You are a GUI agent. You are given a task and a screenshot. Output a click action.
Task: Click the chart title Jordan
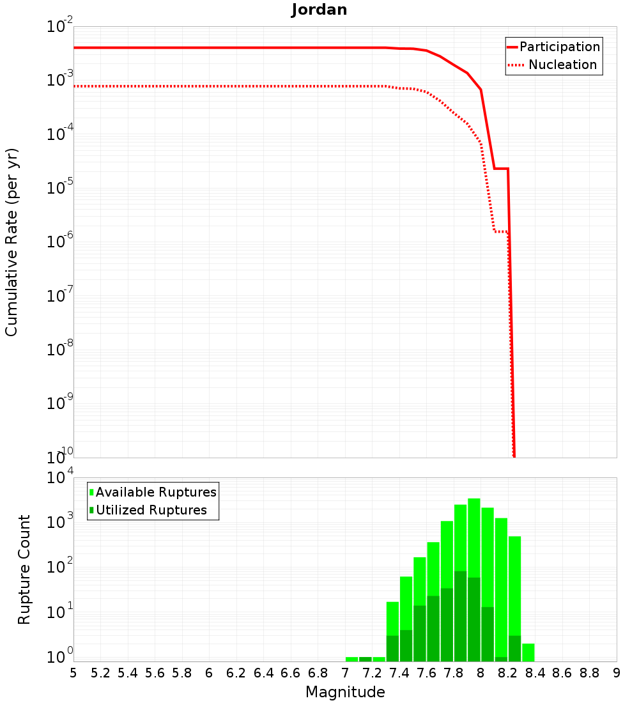click(319, 10)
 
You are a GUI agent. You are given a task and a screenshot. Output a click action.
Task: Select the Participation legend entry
click(559, 47)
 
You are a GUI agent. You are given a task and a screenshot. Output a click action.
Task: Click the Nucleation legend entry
click(562, 65)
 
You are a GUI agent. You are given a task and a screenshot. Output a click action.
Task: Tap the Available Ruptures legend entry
click(156, 492)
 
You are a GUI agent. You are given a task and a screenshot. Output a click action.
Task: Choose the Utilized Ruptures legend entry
click(151, 510)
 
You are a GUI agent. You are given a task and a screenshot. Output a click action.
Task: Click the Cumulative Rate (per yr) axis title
click(12, 242)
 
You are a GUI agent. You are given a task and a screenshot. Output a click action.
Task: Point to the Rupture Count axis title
click(24, 569)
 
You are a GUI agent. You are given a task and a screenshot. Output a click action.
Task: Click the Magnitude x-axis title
click(345, 692)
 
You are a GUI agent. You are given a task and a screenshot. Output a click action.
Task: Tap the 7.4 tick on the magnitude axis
click(399, 673)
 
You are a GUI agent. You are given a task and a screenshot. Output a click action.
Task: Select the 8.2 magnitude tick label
click(508, 673)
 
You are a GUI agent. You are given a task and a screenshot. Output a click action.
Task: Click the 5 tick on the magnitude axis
click(73, 673)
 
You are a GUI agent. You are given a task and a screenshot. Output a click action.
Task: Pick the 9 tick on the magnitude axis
click(617, 673)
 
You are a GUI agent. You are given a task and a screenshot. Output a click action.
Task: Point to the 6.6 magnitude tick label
click(291, 673)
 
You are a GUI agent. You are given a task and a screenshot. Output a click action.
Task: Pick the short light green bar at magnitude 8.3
click(528, 653)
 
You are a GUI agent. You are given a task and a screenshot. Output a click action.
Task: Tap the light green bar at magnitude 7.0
click(351, 659)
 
